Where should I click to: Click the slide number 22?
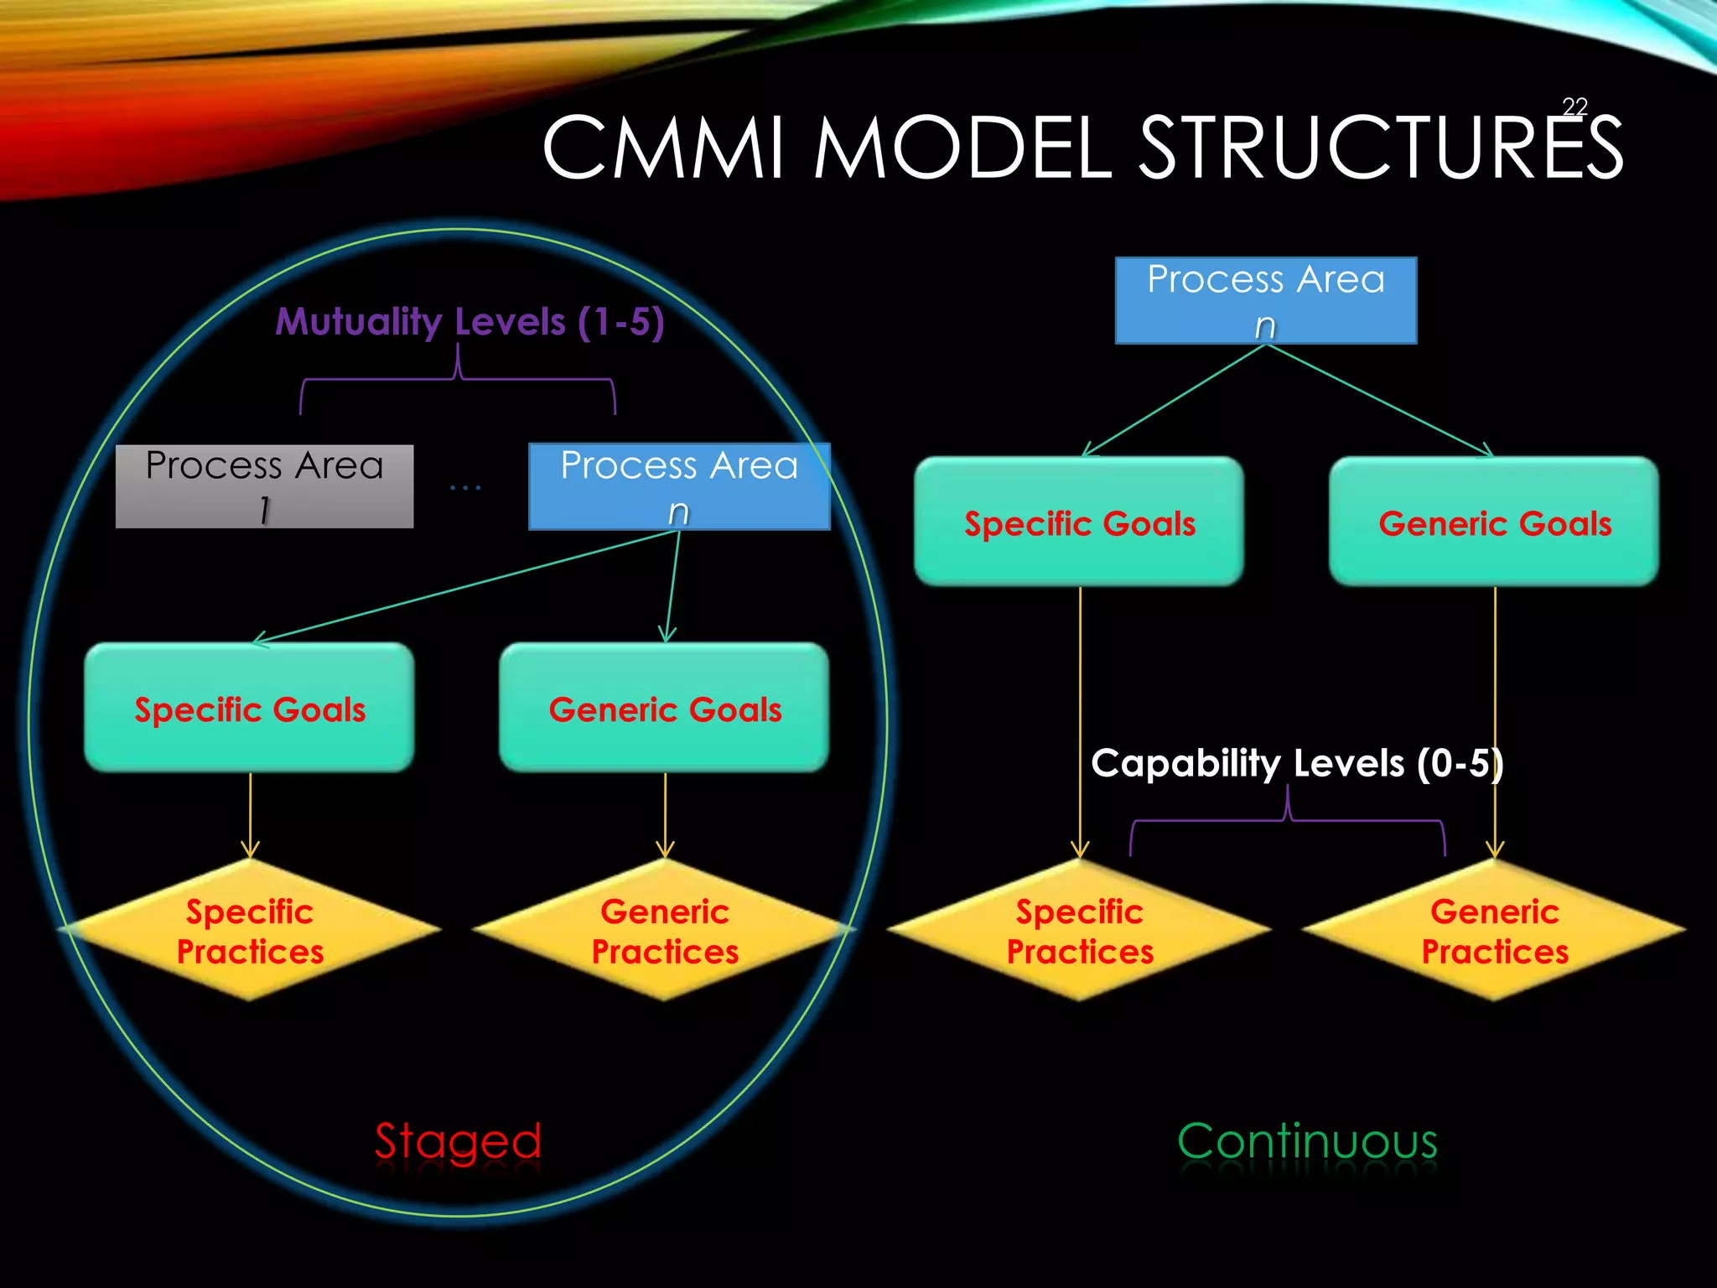pyautogui.click(x=1574, y=106)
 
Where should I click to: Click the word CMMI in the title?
pyautogui.click(x=663, y=148)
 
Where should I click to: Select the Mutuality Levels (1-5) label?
pyautogui.click(x=469, y=322)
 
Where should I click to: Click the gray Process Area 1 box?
pyautogui.click(x=264, y=486)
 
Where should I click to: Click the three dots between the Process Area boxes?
pyautogui.click(x=465, y=487)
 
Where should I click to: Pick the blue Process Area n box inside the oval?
pyautogui.click(x=679, y=486)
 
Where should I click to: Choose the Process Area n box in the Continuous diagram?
pyautogui.click(x=1265, y=300)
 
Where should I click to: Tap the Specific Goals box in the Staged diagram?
pyautogui.click(x=250, y=708)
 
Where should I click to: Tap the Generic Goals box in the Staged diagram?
pyautogui.click(x=664, y=708)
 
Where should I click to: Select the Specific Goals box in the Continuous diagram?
pyautogui.click(x=1079, y=522)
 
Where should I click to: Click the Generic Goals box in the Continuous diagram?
pyautogui.click(x=1494, y=522)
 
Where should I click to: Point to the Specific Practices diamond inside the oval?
pyautogui.click(x=250, y=931)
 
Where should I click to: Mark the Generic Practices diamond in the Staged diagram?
pyautogui.click(x=664, y=931)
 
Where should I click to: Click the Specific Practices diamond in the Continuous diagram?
pyautogui.click(x=1079, y=931)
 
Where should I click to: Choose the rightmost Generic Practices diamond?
pyautogui.click(x=1494, y=931)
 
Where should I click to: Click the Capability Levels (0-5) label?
pyautogui.click(x=1296, y=763)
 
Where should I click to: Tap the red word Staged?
pyautogui.click(x=458, y=1141)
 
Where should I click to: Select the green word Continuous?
pyautogui.click(x=1307, y=1141)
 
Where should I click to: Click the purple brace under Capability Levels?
pyautogui.click(x=1288, y=821)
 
